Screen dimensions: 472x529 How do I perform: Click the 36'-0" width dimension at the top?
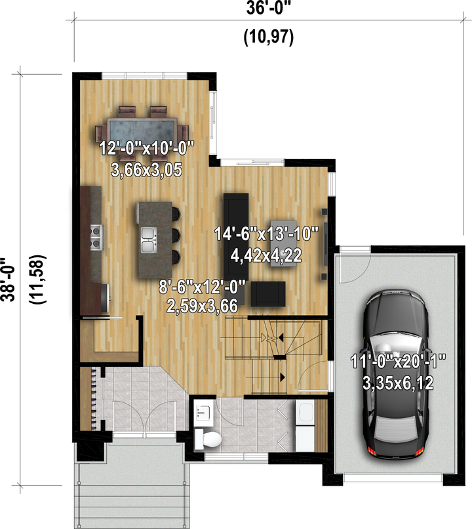[x=268, y=8]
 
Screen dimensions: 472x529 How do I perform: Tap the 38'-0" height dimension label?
[x=8, y=280]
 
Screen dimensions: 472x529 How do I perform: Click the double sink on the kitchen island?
[x=149, y=240]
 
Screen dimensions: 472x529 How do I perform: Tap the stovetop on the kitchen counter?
[x=96, y=238]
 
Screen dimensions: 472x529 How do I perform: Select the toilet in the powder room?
[x=208, y=439]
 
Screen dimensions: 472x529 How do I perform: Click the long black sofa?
[x=236, y=234]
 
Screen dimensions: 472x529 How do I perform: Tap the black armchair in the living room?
[x=268, y=294]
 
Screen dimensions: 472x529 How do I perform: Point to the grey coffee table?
[x=284, y=243]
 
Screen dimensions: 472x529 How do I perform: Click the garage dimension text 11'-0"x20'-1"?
[x=398, y=362]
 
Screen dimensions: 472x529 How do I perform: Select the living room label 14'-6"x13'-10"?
[x=267, y=234]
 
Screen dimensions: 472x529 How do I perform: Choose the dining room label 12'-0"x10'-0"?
[x=147, y=148]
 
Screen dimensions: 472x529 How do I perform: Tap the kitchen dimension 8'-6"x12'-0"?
[x=203, y=287]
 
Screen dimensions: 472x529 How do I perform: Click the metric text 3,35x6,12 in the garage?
[x=398, y=383]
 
